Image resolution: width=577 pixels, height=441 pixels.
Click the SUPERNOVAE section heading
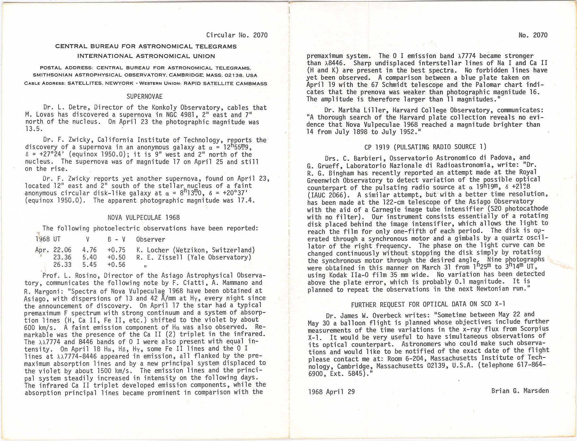coord(145,96)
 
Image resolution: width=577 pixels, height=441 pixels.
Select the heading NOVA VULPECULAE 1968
coord(144,218)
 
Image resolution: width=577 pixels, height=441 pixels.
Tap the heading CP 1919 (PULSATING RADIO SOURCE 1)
coord(425,147)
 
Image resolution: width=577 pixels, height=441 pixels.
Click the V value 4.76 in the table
coord(89,250)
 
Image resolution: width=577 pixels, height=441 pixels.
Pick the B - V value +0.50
coord(116,257)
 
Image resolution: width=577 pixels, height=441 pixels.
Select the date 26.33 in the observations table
coord(62,265)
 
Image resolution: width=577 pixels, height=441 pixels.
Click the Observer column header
coord(151,240)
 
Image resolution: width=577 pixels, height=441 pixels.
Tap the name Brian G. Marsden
coord(520,391)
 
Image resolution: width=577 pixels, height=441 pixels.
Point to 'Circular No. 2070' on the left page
coord(237,35)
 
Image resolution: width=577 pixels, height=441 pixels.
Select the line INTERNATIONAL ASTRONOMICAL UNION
coord(146,56)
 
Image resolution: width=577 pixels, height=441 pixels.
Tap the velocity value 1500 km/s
coord(115,371)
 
